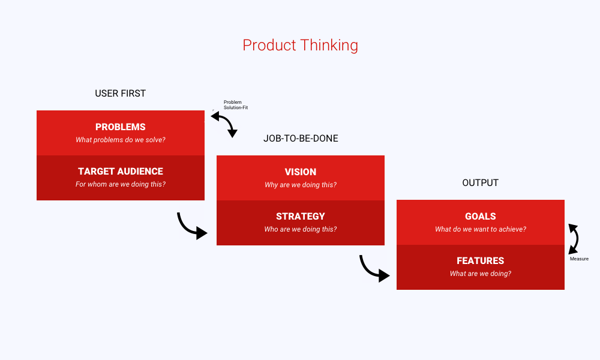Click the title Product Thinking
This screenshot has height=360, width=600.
tap(300, 45)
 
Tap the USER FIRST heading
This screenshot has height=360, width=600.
tap(120, 94)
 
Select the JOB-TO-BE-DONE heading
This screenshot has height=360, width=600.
tap(301, 139)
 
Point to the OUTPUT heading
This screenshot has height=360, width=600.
tap(480, 183)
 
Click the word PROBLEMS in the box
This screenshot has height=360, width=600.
tap(120, 127)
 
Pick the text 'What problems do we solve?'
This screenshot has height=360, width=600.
tap(120, 140)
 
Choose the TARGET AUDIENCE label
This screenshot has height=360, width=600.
tap(120, 172)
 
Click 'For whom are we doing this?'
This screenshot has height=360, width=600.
tap(120, 185)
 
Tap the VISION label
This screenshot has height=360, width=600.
tap(300, 172)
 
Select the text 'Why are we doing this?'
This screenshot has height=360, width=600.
tap(300, 185)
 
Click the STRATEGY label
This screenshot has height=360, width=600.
tap(300, 217)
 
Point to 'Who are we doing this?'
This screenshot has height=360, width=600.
tap(300, 229)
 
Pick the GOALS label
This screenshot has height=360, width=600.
tap(480, 217)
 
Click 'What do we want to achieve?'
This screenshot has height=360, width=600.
tap(480, 229)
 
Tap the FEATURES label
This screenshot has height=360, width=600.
tap(480, 261)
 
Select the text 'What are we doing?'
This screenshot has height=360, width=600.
tap(480, 274)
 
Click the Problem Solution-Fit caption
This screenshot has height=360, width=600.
tap(235, 105)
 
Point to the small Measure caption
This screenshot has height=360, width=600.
tap(579, 259)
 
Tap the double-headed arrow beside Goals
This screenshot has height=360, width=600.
tap(574, 238)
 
